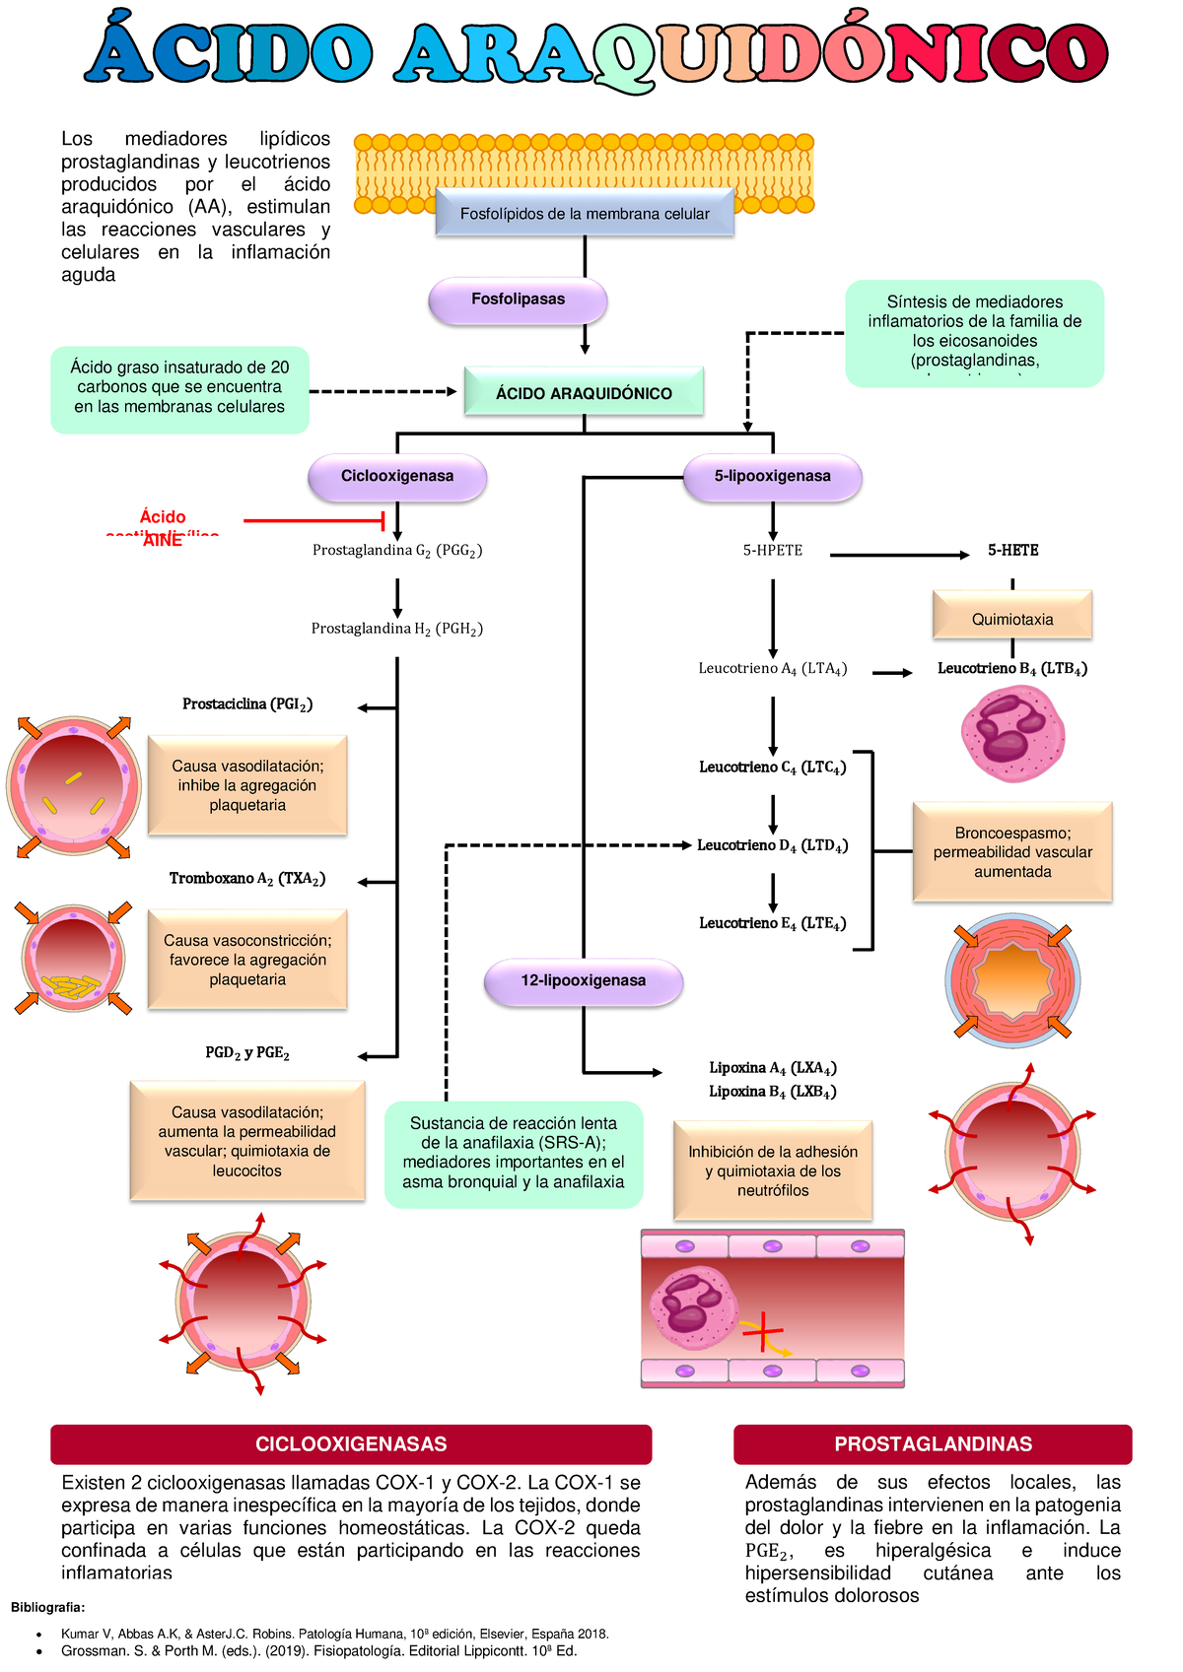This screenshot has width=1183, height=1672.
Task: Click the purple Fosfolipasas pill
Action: [518, 300]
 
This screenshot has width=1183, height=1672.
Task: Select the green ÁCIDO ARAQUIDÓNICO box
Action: [584, 393]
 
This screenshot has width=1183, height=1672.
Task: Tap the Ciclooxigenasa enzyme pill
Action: [397, 477]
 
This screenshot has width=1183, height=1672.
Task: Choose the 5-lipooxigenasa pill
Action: [773, 477]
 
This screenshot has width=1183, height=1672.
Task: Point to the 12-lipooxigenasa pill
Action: [584, 981]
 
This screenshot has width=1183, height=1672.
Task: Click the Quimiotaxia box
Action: [1012, 619]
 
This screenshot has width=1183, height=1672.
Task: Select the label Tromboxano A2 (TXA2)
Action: [247, 879]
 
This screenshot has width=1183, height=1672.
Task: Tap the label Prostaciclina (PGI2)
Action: [247, 704]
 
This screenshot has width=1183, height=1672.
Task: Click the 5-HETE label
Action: [1013, 551]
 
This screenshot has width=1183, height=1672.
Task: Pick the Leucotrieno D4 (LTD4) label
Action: [772, 845]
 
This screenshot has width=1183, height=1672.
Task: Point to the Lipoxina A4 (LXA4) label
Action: [773, 1068]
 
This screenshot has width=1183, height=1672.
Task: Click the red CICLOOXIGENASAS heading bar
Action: [351, 1444]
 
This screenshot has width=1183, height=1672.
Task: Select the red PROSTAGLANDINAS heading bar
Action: [933, 1444]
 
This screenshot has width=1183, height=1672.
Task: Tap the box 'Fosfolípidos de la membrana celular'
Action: [585, 214]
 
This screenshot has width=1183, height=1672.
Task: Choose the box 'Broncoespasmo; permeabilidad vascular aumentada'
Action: [1012, 852]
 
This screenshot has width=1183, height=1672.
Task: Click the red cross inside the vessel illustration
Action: [763, 1334]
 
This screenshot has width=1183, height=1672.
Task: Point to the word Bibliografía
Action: [47, 1608]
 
